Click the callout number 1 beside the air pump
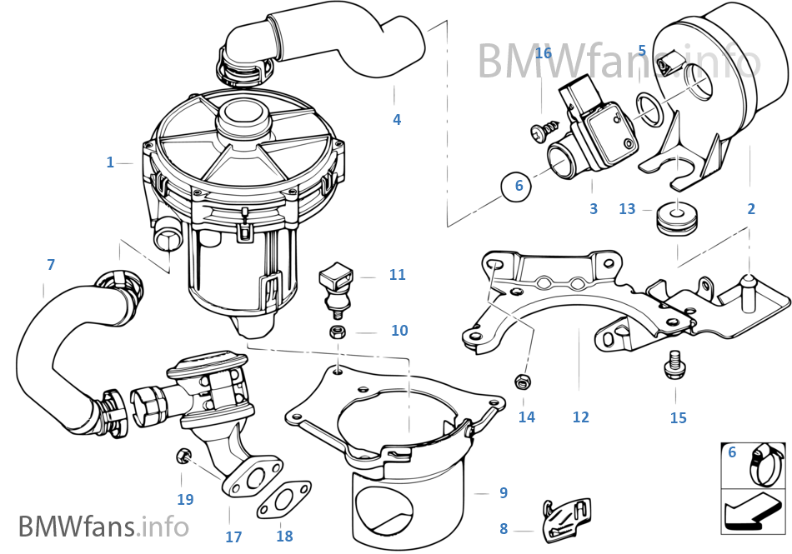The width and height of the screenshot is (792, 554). point(110,162)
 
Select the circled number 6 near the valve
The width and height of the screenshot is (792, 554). point(519,186)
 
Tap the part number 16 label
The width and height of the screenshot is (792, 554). point(543,53)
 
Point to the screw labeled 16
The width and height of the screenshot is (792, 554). point(542,129)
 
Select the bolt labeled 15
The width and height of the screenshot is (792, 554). point(675,364)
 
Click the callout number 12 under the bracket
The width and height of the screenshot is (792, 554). point(580,417)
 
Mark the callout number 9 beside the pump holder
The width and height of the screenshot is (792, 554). point(503,492)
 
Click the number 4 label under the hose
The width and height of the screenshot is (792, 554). point(397,119)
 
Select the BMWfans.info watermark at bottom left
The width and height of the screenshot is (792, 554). point(103,526)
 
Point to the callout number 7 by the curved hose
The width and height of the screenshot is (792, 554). point(51,264)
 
